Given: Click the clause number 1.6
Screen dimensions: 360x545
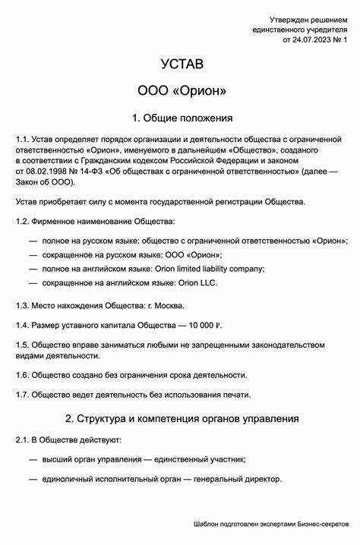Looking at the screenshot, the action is (x=22, y=375).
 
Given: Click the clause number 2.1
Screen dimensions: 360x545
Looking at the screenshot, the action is (x=22, y=440).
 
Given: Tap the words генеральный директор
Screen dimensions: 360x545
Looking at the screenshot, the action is (x=238, y=479).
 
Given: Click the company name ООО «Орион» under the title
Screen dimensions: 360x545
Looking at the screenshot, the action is (x=182, y=91).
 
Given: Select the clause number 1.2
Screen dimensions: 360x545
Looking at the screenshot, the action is (x=22, y=221).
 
